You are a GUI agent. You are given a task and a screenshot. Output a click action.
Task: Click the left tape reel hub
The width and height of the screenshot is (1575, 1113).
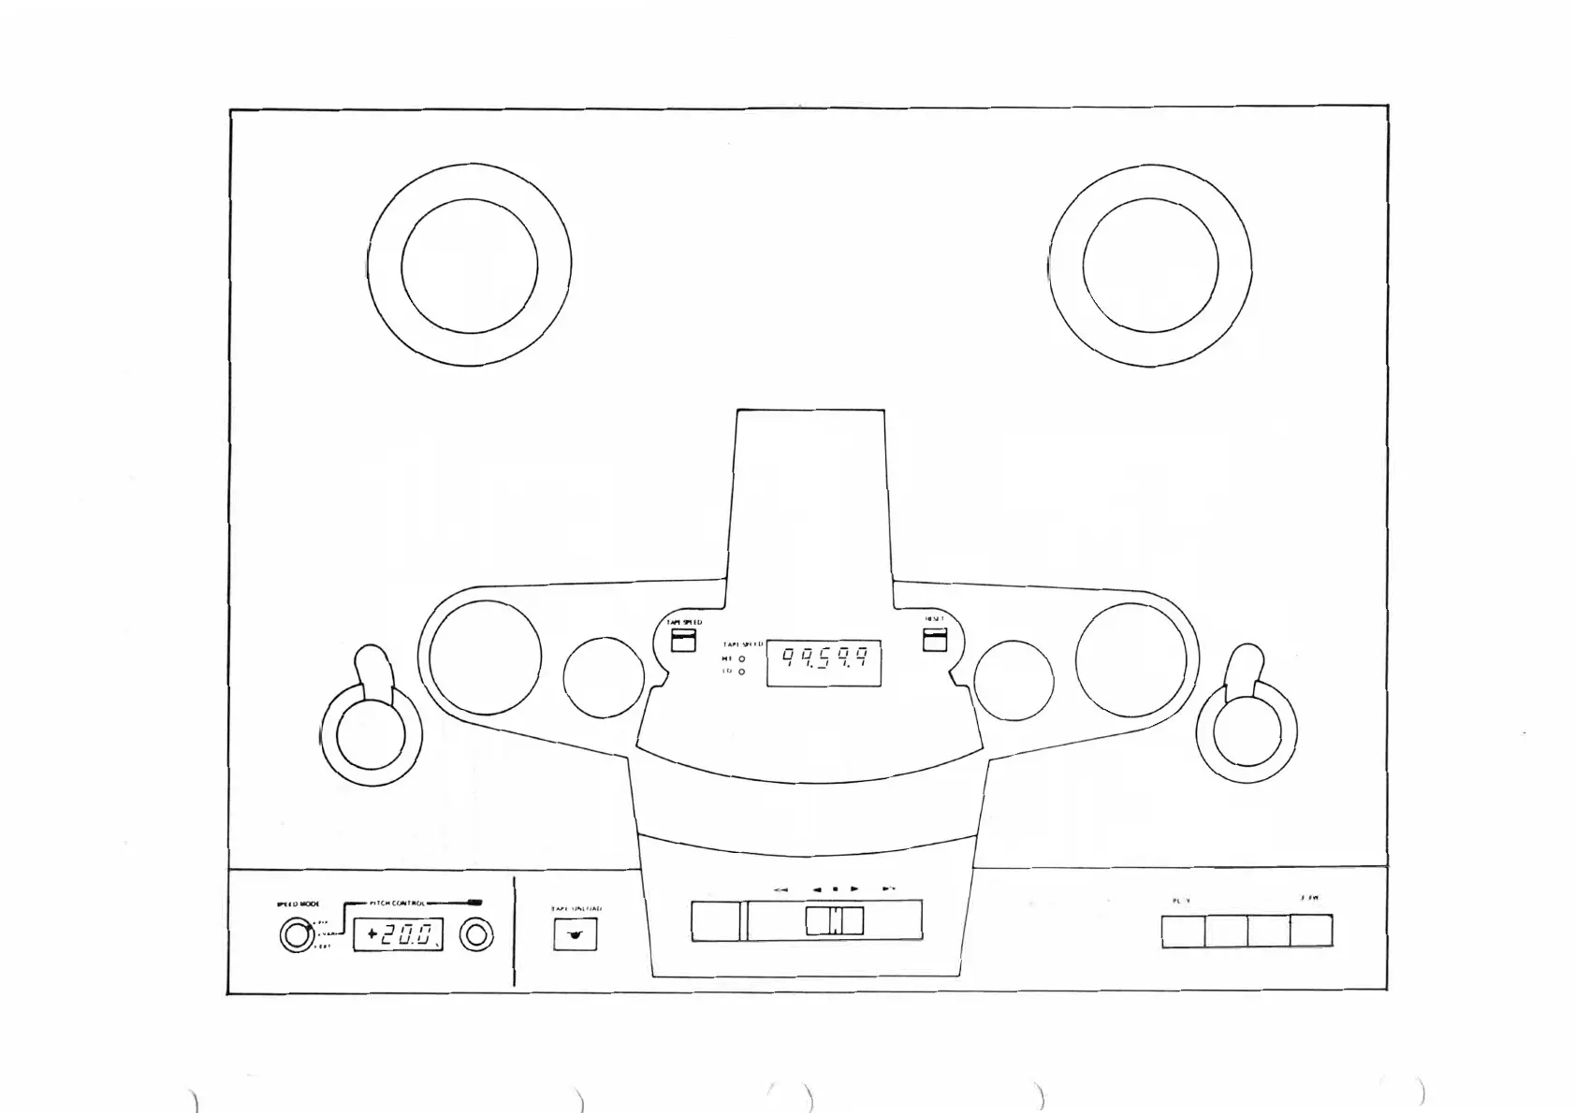pos(469,265)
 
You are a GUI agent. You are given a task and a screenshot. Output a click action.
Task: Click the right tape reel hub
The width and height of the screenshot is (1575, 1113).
pos(1150,265)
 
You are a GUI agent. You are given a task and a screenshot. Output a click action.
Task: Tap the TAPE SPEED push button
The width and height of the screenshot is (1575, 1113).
pos(683,640)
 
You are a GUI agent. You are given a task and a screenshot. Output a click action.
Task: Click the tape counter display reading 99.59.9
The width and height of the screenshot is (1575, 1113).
pos(824,664)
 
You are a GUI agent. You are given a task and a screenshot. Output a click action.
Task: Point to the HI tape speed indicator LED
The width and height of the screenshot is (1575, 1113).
pos(742,658)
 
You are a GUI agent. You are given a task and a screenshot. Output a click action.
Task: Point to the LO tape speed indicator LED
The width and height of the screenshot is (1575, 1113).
pos(742,672)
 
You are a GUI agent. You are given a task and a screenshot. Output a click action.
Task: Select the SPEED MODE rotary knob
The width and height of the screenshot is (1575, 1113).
pos(296,935)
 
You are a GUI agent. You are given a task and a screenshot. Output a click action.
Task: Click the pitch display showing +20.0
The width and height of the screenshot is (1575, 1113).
pos(398,934)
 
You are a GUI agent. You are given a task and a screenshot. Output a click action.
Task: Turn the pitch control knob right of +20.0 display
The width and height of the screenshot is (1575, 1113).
pos(477,935)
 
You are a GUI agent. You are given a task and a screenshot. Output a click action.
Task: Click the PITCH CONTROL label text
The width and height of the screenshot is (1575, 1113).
pos(398,903)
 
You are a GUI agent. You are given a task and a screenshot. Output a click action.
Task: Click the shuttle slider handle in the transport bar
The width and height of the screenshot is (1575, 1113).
pos(834,921)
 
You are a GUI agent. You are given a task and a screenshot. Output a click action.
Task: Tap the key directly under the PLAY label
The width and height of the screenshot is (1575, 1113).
pos(1183,932)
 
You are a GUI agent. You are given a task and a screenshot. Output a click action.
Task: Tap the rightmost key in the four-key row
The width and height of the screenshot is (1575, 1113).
pos(1310,932)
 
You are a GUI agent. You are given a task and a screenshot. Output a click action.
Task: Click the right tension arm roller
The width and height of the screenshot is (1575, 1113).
pos(1247,731)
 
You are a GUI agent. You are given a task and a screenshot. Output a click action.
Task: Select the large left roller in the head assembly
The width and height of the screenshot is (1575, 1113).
pos(485,657)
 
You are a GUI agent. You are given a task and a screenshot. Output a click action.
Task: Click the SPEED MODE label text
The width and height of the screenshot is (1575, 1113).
pos(298,904)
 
